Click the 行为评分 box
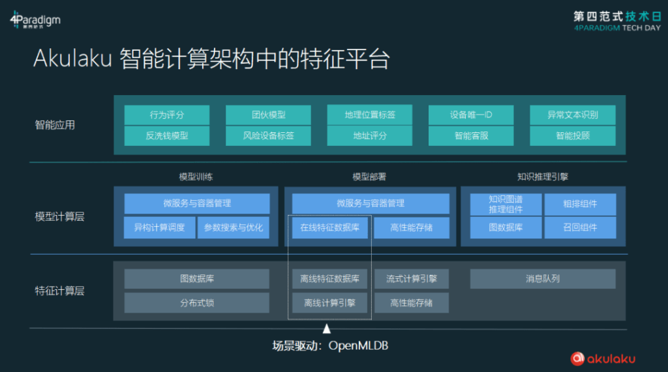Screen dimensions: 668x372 (x=166, y=115)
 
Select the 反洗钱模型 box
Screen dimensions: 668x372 (x=166, y=136)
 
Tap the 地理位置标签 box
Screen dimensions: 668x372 (x=370, y=115)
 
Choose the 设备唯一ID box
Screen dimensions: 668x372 (x=471, y=115)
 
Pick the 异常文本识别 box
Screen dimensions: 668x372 (x=573, y=115)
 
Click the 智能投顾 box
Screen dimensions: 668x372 (x=573, y=136)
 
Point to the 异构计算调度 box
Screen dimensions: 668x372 (x=160, y=227)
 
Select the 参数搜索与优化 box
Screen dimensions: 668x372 (x=234, y=227)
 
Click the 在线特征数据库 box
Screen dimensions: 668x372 (x=329, y=227)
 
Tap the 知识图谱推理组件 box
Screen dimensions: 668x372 (x=506, y=205)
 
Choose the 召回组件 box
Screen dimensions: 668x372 (x=580, y=227)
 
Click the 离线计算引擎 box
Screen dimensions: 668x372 (x=329, y=303)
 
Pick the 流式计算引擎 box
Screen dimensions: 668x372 (x=412, y=279)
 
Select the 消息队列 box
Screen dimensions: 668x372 (x=543, y=279)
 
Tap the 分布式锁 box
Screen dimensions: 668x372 (x=197, y=303)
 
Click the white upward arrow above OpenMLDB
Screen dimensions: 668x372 (x=327, y=328)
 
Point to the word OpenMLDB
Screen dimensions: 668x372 (x=358, y=345)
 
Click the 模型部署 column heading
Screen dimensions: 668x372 (x=369, y=177)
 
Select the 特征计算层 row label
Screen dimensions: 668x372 (x=59, y=291)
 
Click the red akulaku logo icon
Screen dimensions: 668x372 (x=577, y=358)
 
